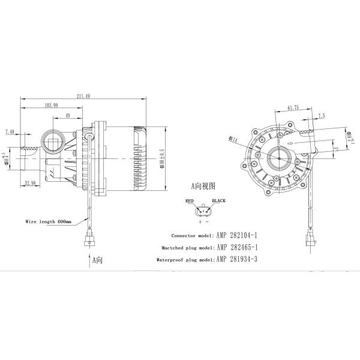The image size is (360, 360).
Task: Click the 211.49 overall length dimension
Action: (x=84, y=95)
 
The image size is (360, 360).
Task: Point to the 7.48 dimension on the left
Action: (x=10, y=131)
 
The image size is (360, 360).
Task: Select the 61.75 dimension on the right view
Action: (x=293, y=107)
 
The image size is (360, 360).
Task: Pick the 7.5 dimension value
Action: (x=321, y=115)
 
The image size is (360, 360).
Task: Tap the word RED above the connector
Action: (x=189, y=201)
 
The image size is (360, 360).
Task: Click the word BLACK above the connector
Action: (x=217, y=201)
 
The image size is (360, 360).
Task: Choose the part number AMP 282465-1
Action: (x=239, y=247)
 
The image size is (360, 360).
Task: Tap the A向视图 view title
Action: (x=202, y=186)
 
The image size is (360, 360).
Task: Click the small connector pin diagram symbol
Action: (x=203, y=211)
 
